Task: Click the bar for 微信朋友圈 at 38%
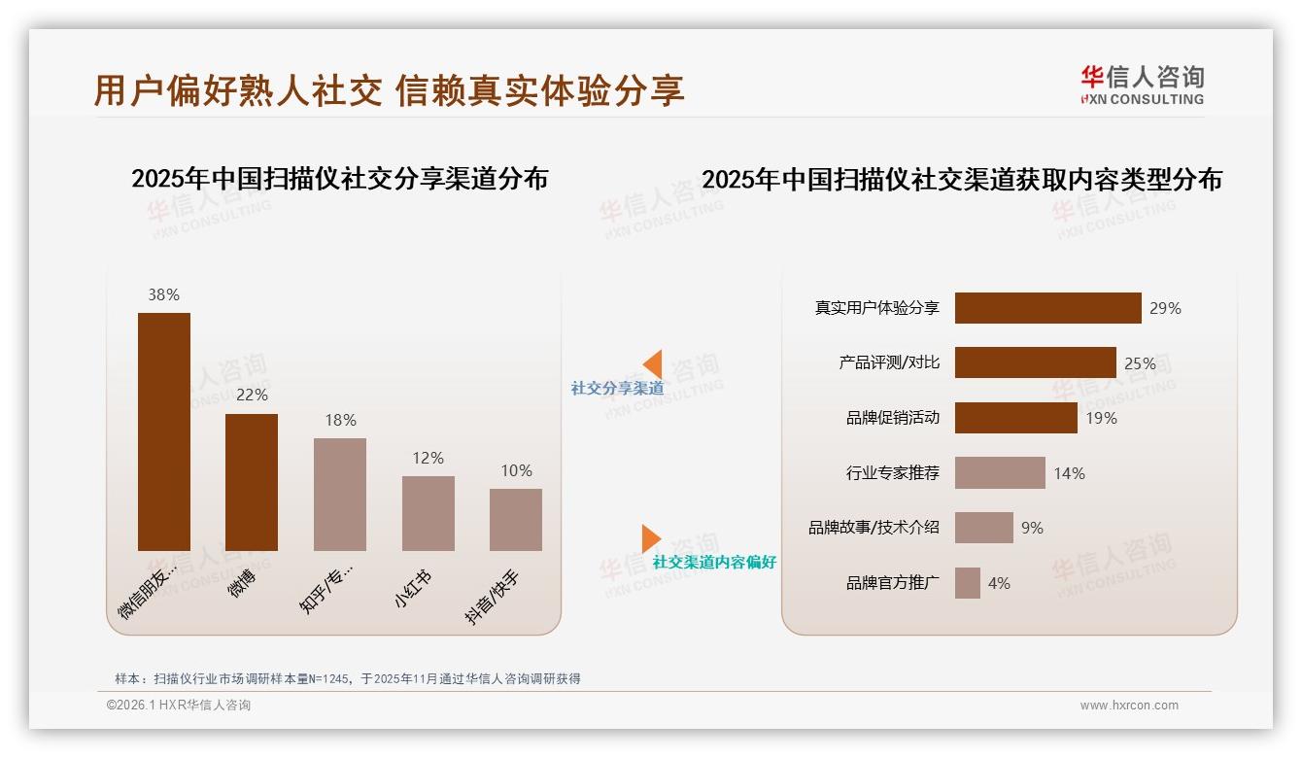pyautogui.click(x=164, y=431)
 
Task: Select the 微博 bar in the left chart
pyautogui.click(x=252, y=482)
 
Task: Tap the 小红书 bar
pyautogui.click(x=428, y=513)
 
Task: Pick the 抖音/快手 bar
pyautogui.click(x=516, y=519)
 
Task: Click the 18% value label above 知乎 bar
pyautogui.click(x=340, y=420)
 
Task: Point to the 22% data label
pyautogui.click(x=252, y=396)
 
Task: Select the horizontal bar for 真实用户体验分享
pyautogui.click(x=1047, y=308)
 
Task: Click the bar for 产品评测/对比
pyautogui.click(x=1035, y=362)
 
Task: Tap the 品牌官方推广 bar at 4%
pyautogui.click(x=967, y=583)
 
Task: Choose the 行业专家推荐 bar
pyautogui.click(x=1000, y=473)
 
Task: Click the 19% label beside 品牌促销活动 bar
pyautogui.click(x=1101, y=419)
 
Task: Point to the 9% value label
pyautogui.click(x=1032, y=528)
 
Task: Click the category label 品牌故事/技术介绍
pyautogui.click(x=874, y=528)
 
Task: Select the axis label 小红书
pyautogui.click(x=413, y=590)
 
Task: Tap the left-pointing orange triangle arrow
pyautogui.click(x=652, y=364)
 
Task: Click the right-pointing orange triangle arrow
pyautogui.click(x=651, y=538)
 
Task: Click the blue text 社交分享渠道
pyautogui.click(x=617, y=389)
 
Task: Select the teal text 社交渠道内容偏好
pyautogui.click(x=714, y=563)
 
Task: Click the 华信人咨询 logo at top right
pyautogui.click(x=1142, y=85)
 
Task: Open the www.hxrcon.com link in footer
pyautogui.click(x=1129, y=706)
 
